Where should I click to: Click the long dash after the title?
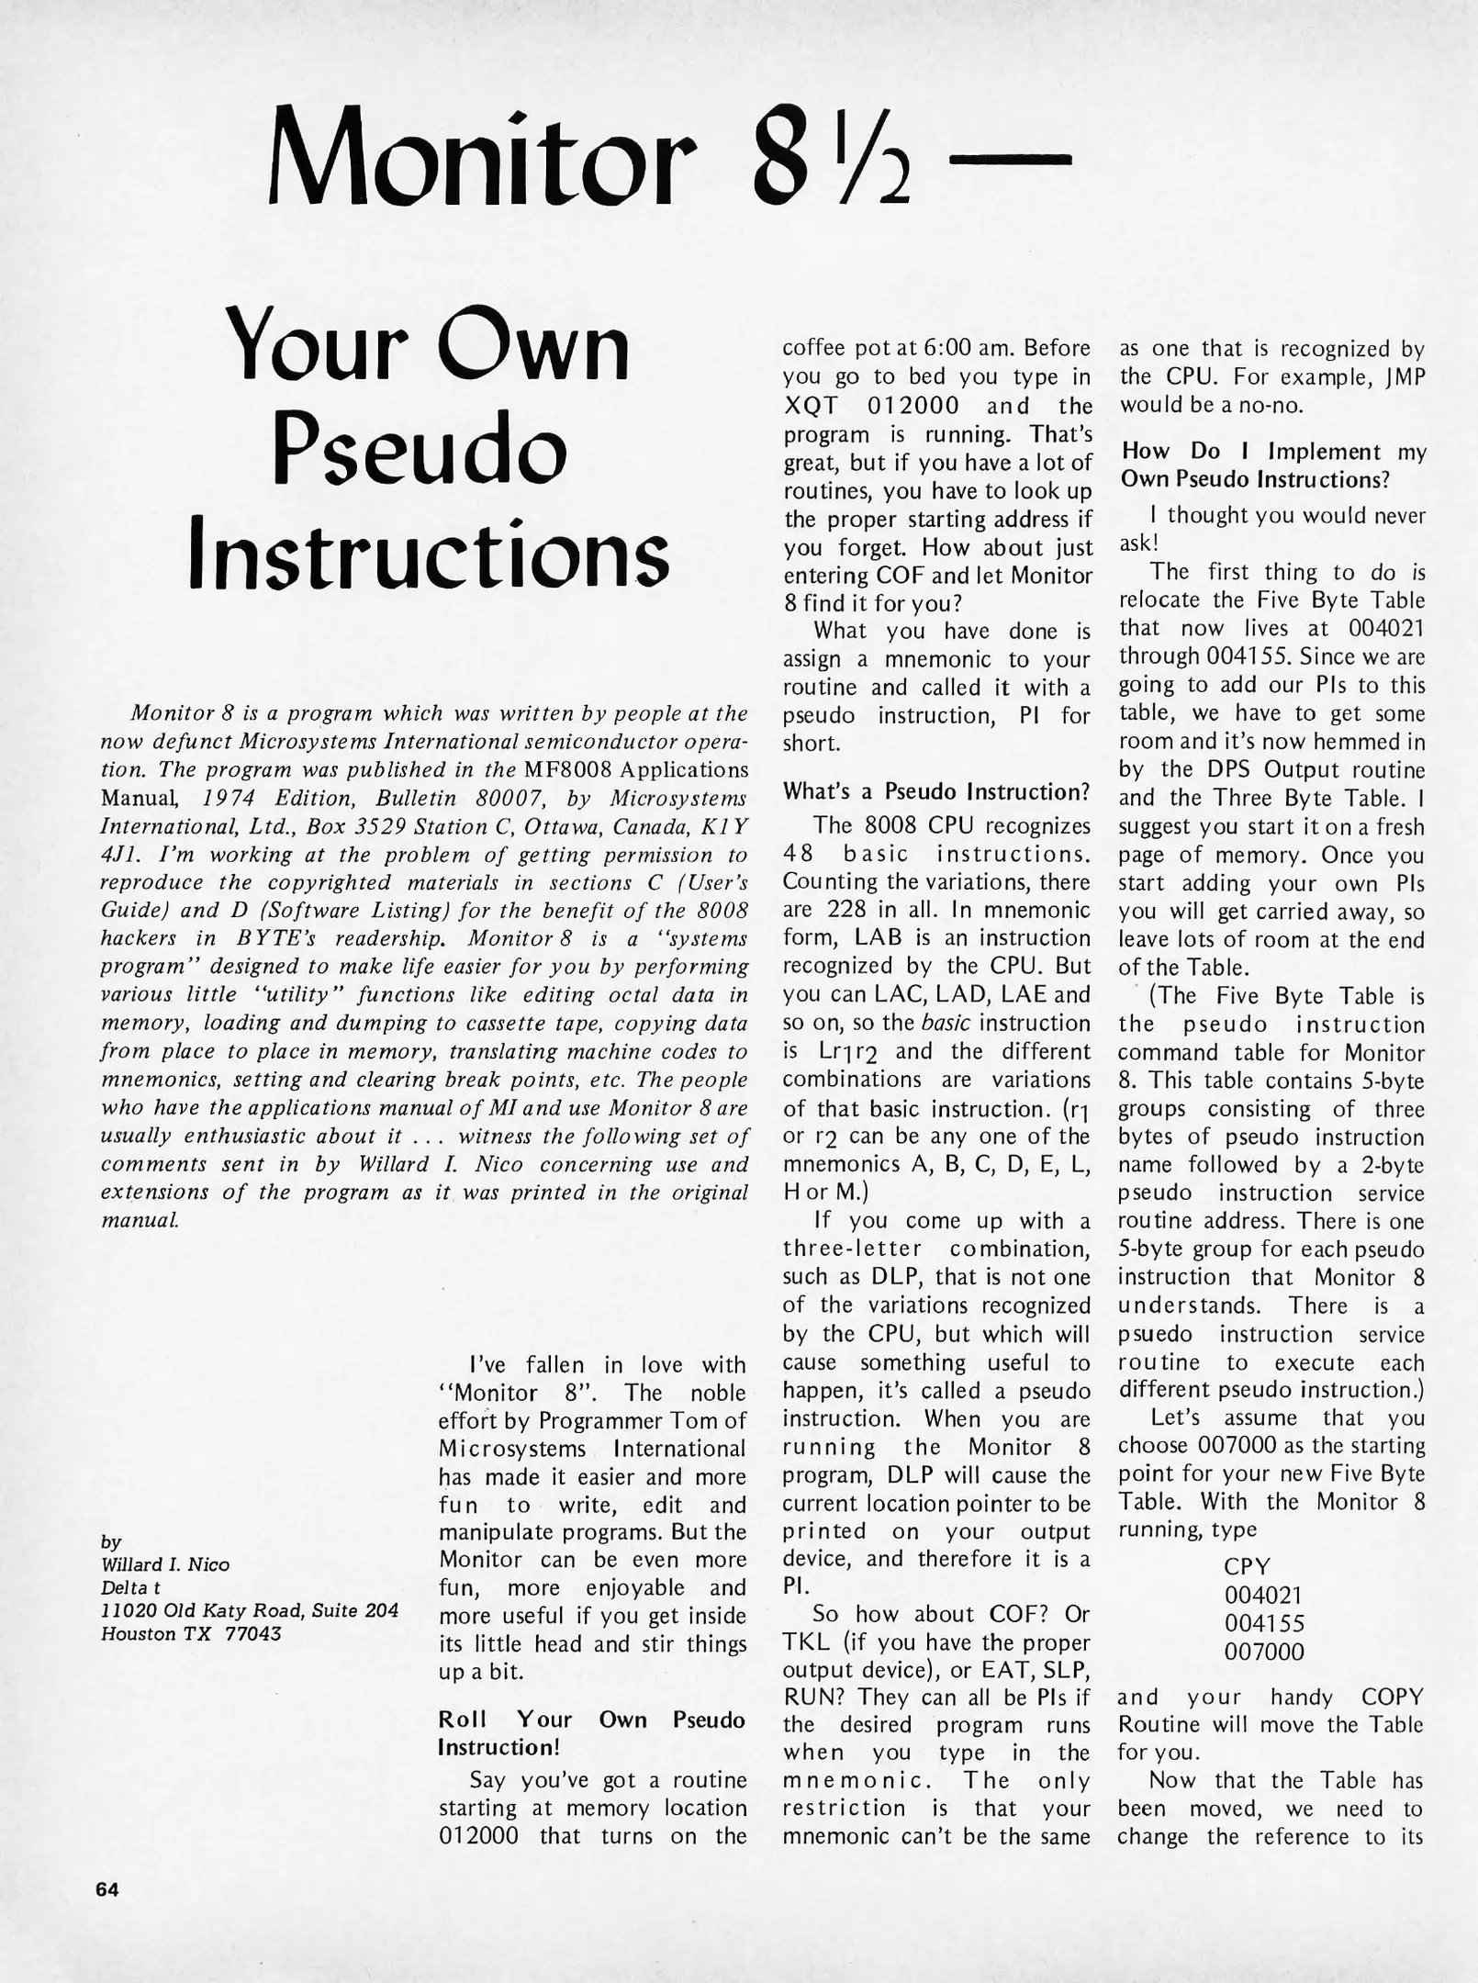(x=1009, y=162)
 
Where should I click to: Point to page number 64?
(x=106, y=1888)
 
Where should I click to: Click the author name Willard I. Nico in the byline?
(x=165, y=1563)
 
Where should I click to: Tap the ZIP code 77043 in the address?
(x=252, y=1633)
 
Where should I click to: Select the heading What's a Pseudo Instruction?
(x=936, y=790)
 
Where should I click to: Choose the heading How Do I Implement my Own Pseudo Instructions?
(x=1271, y=465)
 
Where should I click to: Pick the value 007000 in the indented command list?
(x=1264, y=1652)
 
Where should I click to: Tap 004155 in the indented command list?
(x=1264, y=1623)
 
